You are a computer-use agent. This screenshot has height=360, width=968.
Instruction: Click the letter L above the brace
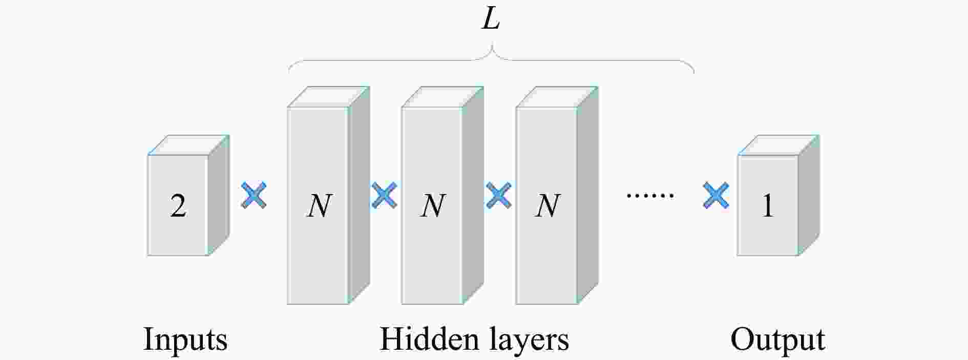491,20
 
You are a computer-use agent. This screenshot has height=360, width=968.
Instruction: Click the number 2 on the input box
178,206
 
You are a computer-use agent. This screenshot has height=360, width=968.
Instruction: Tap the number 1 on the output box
767,206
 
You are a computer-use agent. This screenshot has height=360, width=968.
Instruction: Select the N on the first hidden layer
319,206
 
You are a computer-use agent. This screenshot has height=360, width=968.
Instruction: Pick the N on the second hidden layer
433,206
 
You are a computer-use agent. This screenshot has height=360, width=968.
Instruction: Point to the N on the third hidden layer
547,206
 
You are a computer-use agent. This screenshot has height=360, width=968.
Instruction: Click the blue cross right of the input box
254,196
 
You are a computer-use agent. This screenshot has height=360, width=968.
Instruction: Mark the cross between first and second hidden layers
384,196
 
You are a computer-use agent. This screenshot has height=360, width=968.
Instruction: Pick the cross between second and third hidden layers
498,196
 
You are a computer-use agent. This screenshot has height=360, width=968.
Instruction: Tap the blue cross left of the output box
716,196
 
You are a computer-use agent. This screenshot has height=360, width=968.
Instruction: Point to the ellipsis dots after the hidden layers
650,196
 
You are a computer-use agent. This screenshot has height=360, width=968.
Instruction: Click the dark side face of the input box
219,195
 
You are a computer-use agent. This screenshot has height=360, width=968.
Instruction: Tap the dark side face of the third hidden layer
587,195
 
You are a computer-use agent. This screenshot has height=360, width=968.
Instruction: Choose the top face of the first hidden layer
328,97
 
